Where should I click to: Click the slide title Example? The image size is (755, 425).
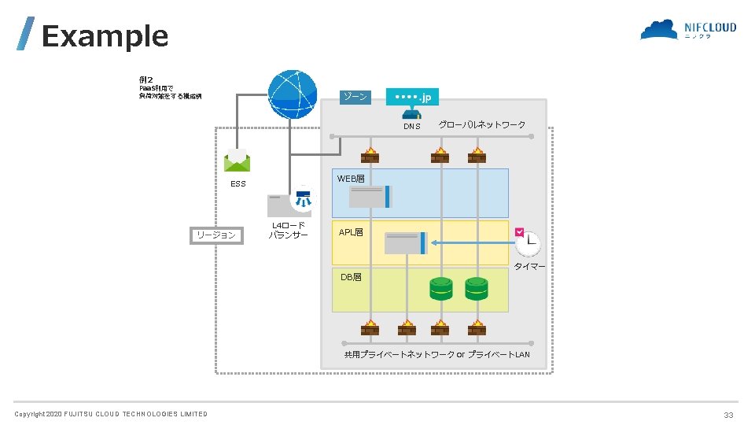[x=105, y=36]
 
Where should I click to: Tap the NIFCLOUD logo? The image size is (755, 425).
[x=688, y=31]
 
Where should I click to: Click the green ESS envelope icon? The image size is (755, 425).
[x=237, y=161]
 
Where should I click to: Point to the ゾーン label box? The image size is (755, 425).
[x=355, y=97]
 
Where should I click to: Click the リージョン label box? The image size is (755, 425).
[x=216, y=235]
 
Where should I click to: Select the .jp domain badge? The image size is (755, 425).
[x=413, y=97]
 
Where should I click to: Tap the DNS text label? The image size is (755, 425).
[x=412, y=126]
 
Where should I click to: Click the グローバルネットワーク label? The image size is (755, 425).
[x=481, y=125]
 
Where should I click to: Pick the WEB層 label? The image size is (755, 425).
[x=351, y=179]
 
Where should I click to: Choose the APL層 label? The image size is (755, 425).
[x=351, y=233]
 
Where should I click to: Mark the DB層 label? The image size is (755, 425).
[x=351, y=278]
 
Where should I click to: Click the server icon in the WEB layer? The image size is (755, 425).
[x=370, y=197]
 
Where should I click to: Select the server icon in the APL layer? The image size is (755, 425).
[x=406, y=243]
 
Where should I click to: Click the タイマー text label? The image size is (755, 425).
[x=529, y=267]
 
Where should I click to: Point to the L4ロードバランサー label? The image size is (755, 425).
[x=289, y=231]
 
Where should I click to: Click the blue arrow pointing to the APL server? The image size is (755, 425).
[x=472, y=243]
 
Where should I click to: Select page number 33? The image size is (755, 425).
[x=728, y=415]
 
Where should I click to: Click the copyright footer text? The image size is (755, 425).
[x=111, y=414]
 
